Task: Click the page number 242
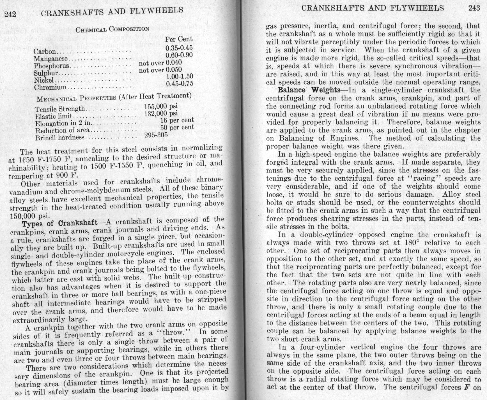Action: point(10,14)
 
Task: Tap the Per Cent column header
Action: point(179,39)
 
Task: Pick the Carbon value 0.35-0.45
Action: point(179,48)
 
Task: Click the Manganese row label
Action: point(51,59)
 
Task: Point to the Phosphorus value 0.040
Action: point(174,62)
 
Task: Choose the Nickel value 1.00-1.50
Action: point(180,76)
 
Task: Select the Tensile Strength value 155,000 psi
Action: point(161,106)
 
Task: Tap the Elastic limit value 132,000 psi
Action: point(161,113)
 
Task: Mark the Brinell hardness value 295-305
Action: point(156,135)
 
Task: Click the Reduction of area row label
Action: point(62,131)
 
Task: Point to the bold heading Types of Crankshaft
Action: point(60,224)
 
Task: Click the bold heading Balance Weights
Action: point(309,90)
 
